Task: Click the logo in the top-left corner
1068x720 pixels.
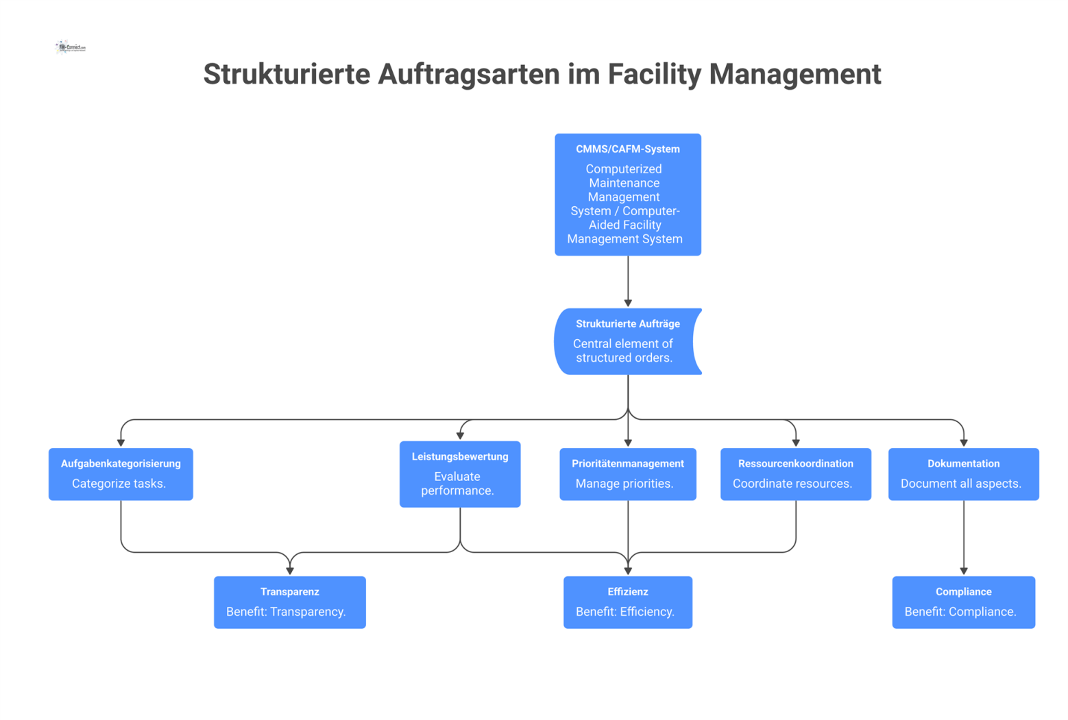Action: [71, 47]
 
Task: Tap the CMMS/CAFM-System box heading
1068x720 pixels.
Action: [627, 149]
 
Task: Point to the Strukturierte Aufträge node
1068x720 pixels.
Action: [627, 341]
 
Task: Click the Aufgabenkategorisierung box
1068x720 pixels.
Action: [121, 474]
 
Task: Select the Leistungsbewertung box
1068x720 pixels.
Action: [459, 474]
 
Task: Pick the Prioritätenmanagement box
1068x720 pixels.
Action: [627, 474]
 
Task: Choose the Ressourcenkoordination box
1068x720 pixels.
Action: [795, 474]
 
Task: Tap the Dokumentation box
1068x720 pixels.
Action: [963, 474]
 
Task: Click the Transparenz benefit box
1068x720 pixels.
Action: [289, 602]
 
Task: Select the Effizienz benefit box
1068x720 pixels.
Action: [627, 602]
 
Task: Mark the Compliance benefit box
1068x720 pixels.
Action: [963, 602]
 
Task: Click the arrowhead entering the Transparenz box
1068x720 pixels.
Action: [290, 570]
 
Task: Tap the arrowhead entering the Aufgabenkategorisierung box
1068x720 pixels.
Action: [121, 443]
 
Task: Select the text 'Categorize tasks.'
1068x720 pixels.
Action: [119, 484]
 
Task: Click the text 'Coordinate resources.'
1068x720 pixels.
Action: [792, 484]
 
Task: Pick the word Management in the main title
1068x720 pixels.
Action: [794, 74]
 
